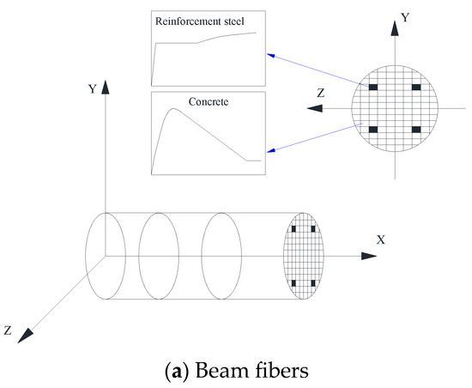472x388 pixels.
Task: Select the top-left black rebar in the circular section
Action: pyautogui.click(x=375, y=88)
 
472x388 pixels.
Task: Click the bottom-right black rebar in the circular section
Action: pyautogui.click(x=416, y=130)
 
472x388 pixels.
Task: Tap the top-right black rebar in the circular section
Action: pyautogui.click(x=416, y=88)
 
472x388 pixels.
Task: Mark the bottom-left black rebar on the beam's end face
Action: pyautogui.click(x=294, y=283)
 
